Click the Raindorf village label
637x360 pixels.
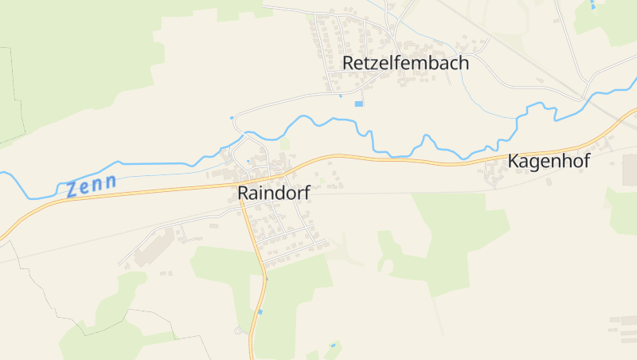(273, 193)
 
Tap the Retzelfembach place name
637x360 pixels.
(405, 63)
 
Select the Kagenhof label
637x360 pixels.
(549, 162)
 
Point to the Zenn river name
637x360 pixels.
(92, 186)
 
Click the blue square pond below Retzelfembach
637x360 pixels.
(358, 104)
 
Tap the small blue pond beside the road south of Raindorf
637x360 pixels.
(260, 311)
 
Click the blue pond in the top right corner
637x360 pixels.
(592, 6)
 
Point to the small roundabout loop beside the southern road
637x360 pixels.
(238, 330)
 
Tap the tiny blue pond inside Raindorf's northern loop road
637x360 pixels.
(248, 162)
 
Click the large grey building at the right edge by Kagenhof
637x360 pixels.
(629, 168)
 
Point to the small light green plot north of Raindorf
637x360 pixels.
(284, 145)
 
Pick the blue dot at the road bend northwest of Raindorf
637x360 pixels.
(232, 119)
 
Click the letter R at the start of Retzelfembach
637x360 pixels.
(348, 63)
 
